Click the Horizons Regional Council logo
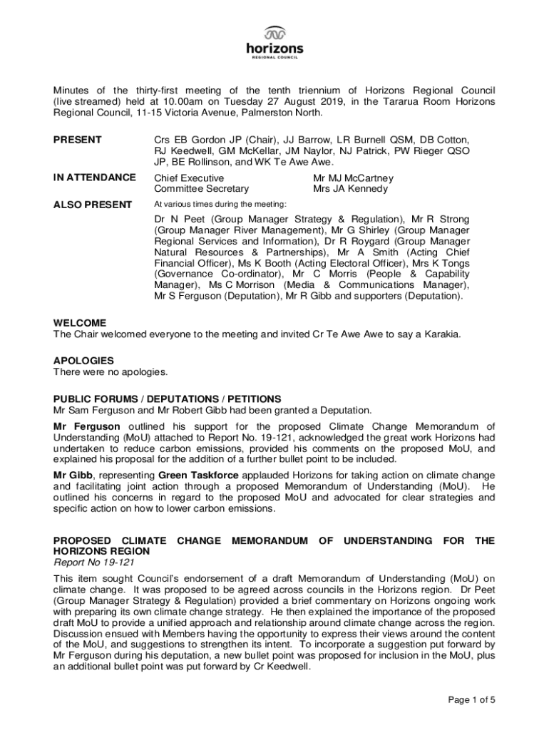[x=274, y=41]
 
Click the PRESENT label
[x=78, y=140]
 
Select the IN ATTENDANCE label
[x=94, y=178]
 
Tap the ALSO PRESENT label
[x=93, y=205]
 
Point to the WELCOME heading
[x=80, y=322]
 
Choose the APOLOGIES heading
[x=83, y=361]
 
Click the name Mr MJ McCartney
[x=353, y=178]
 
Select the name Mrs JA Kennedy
[x=350, y=189]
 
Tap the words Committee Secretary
[x=201, y=189]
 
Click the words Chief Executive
[x=189, y=178]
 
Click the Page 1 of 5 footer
[x=471, y=699]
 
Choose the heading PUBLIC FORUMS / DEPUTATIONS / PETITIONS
[x=168, y=399]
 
